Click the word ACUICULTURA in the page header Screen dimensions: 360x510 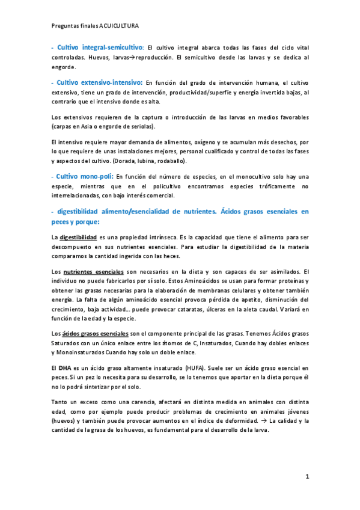(x=118, y=26)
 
